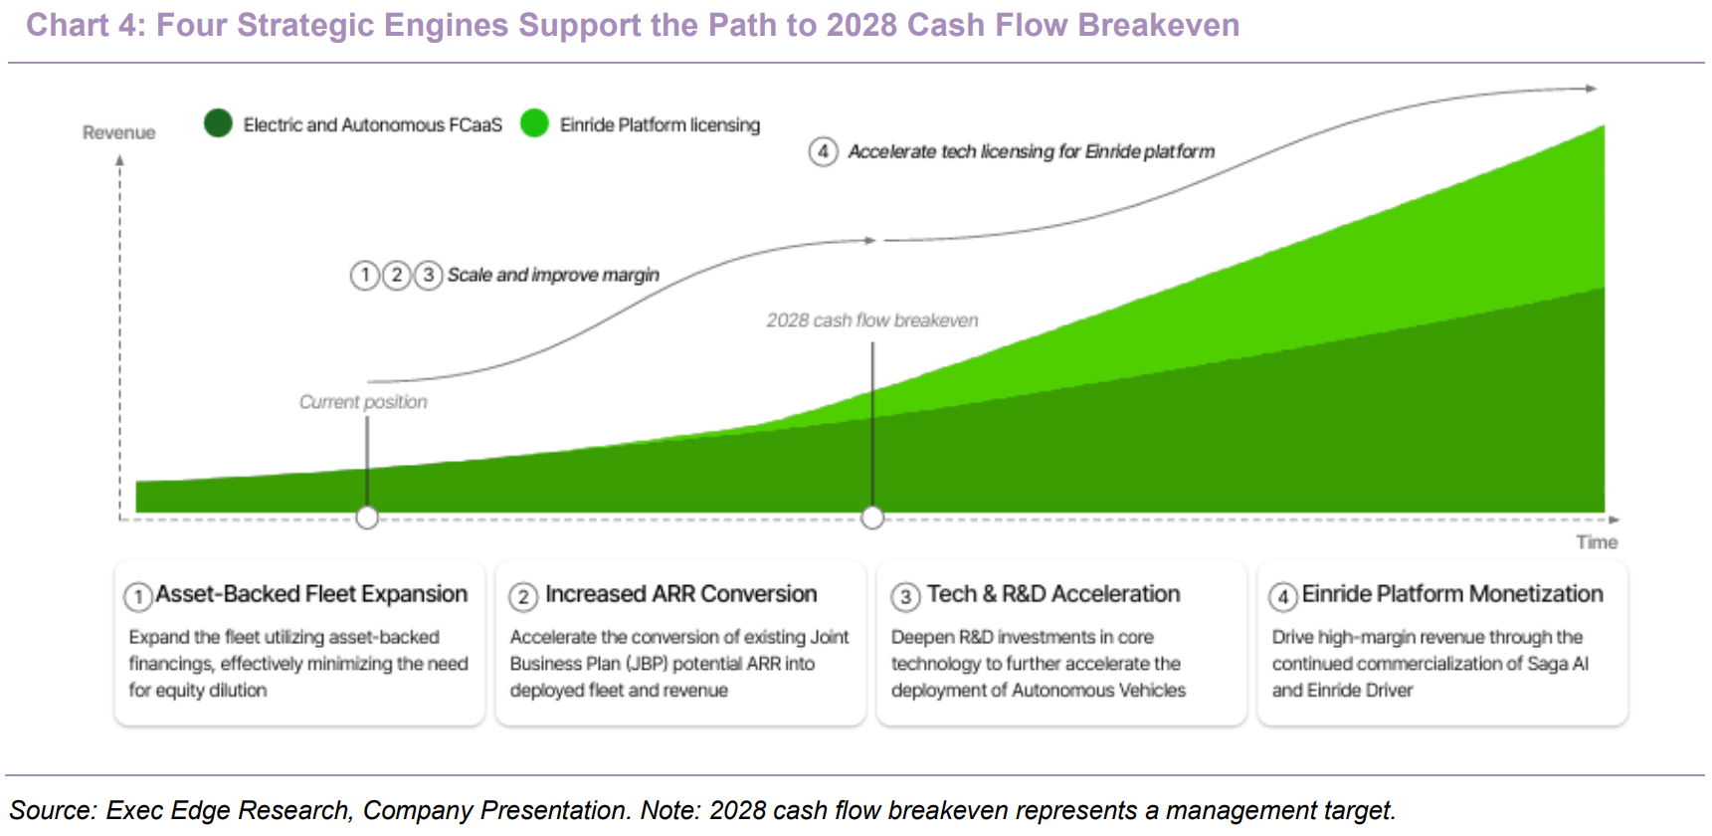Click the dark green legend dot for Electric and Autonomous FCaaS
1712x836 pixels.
(218, 123)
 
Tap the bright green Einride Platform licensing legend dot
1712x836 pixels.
(534, 123)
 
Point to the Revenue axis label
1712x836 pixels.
(118, 132)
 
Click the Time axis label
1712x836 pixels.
(1597, 542)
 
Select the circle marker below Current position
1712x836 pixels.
(367, 518)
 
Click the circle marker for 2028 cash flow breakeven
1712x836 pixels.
(872, 518)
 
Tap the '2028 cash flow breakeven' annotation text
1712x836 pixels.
(872, 320)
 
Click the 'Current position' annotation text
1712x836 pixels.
(363, 402)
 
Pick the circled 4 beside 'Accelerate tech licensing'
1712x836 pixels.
(823, 152)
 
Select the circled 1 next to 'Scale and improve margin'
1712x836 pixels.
(365, 275)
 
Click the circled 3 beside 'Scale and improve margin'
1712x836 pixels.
(428, 275)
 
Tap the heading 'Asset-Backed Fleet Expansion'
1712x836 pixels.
(311, 594)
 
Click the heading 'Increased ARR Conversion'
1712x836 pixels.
(681, 594)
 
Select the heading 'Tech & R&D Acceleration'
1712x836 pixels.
(1053, 594)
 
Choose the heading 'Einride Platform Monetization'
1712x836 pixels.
(1452, 594)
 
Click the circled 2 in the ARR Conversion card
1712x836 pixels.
(523, 597)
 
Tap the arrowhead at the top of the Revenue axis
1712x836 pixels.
(119, 159)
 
